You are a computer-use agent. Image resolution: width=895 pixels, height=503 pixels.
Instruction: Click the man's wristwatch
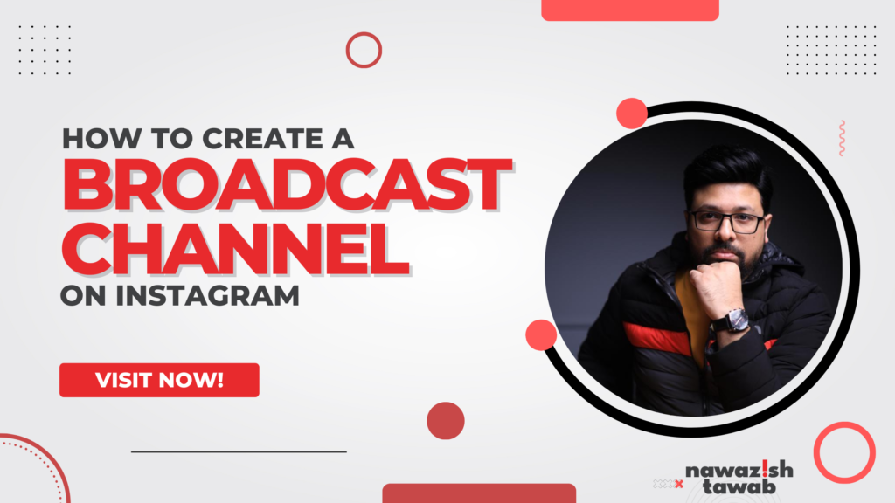730,320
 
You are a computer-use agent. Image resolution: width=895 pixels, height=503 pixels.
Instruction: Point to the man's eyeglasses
725,220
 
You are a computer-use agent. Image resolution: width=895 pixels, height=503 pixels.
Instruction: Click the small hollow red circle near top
364,50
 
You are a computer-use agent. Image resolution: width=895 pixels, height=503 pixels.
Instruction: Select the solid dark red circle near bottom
445,420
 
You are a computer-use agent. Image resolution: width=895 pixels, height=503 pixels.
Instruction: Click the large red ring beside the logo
844,452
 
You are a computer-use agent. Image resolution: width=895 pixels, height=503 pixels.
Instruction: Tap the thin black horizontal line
239,451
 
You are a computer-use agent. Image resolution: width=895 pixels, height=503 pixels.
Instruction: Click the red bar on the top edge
630,10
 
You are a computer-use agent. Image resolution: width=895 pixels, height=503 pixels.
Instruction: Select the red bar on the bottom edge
479,493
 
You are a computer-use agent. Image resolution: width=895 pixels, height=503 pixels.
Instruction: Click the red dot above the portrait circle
631,114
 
